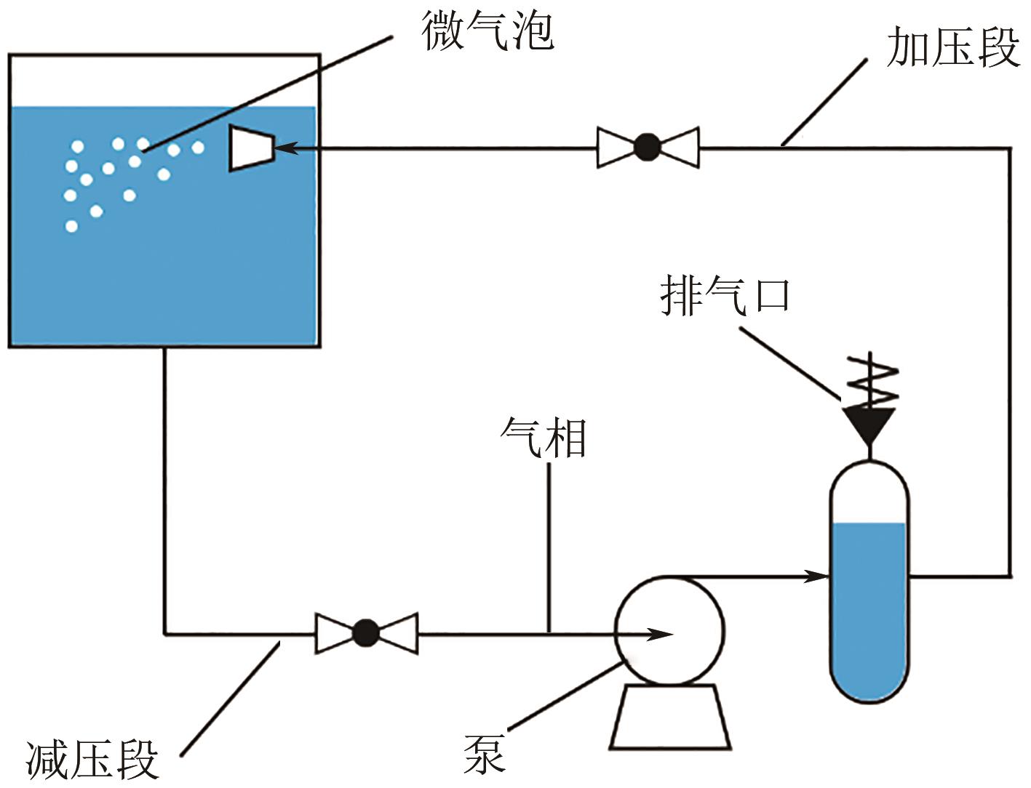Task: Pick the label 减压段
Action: point(92,760)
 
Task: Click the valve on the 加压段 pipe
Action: point(648,148)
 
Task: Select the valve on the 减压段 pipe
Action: point(366,633)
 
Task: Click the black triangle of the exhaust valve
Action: point(869,423)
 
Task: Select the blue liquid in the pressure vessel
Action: point(869,611)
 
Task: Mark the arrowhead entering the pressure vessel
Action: point(818,576)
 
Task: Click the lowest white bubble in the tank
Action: point(71,226)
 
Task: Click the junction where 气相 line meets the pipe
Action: point(549,633)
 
